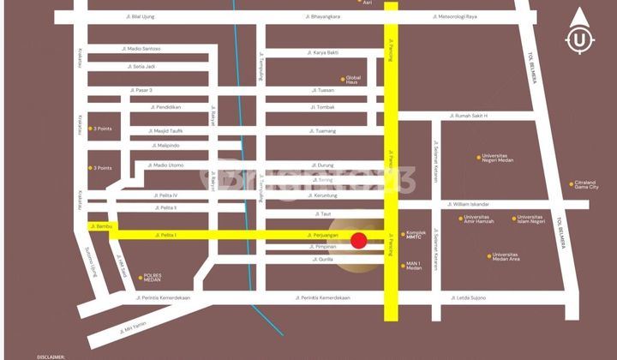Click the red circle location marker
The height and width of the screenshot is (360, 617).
click(359, 241)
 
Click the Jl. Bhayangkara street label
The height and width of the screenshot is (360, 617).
click(323, 16)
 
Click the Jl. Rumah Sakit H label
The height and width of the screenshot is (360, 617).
click(469, 116)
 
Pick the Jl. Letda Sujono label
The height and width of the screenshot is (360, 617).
click(469, 297)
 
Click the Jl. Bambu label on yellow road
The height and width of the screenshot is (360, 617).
click(101, 226)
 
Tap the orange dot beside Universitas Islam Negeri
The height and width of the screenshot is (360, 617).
click(514, 218)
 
